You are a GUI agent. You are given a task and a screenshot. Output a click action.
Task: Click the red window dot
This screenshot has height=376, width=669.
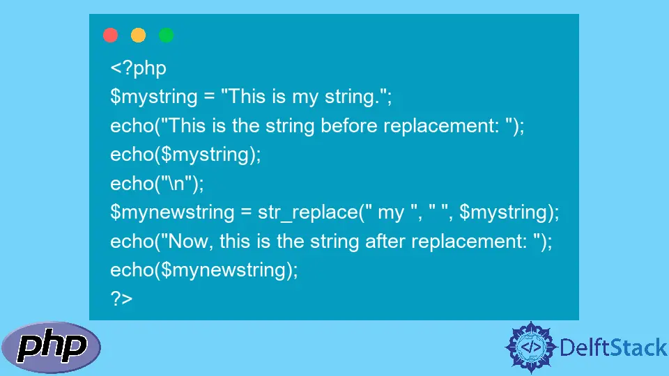pyautogui.click(x=111, y=35)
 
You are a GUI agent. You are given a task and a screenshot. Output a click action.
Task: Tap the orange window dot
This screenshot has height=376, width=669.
pyautogui.click(x=138, y=35)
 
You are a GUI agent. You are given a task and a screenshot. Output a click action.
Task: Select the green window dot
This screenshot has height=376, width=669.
pyautogui.click(x=166, y=35)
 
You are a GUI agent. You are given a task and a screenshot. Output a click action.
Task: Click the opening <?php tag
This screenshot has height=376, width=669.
pyautogui.click(x=138, y=69)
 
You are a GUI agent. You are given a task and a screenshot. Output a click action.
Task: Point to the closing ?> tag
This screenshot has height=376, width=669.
pyautogui.click(x=121, y=299)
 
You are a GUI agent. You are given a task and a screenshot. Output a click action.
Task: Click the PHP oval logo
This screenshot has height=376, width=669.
pyautogui.click(x=51, y=347)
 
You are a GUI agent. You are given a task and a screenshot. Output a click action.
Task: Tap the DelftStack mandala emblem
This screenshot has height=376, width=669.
pyautogui.click(x=531, y=347)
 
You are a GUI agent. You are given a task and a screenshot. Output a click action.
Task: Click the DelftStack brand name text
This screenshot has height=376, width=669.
pyautogui.click(x=613, y=347)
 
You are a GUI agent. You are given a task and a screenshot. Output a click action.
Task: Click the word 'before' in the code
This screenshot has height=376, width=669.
pyautogui.click(x=349, y=126)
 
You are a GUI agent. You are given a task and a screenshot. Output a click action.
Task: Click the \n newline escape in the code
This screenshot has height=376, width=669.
pyautogui.click(x=176, y=184)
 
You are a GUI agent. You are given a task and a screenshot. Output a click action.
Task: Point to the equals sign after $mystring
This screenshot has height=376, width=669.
pyautogui.click(x=209, y=97)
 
